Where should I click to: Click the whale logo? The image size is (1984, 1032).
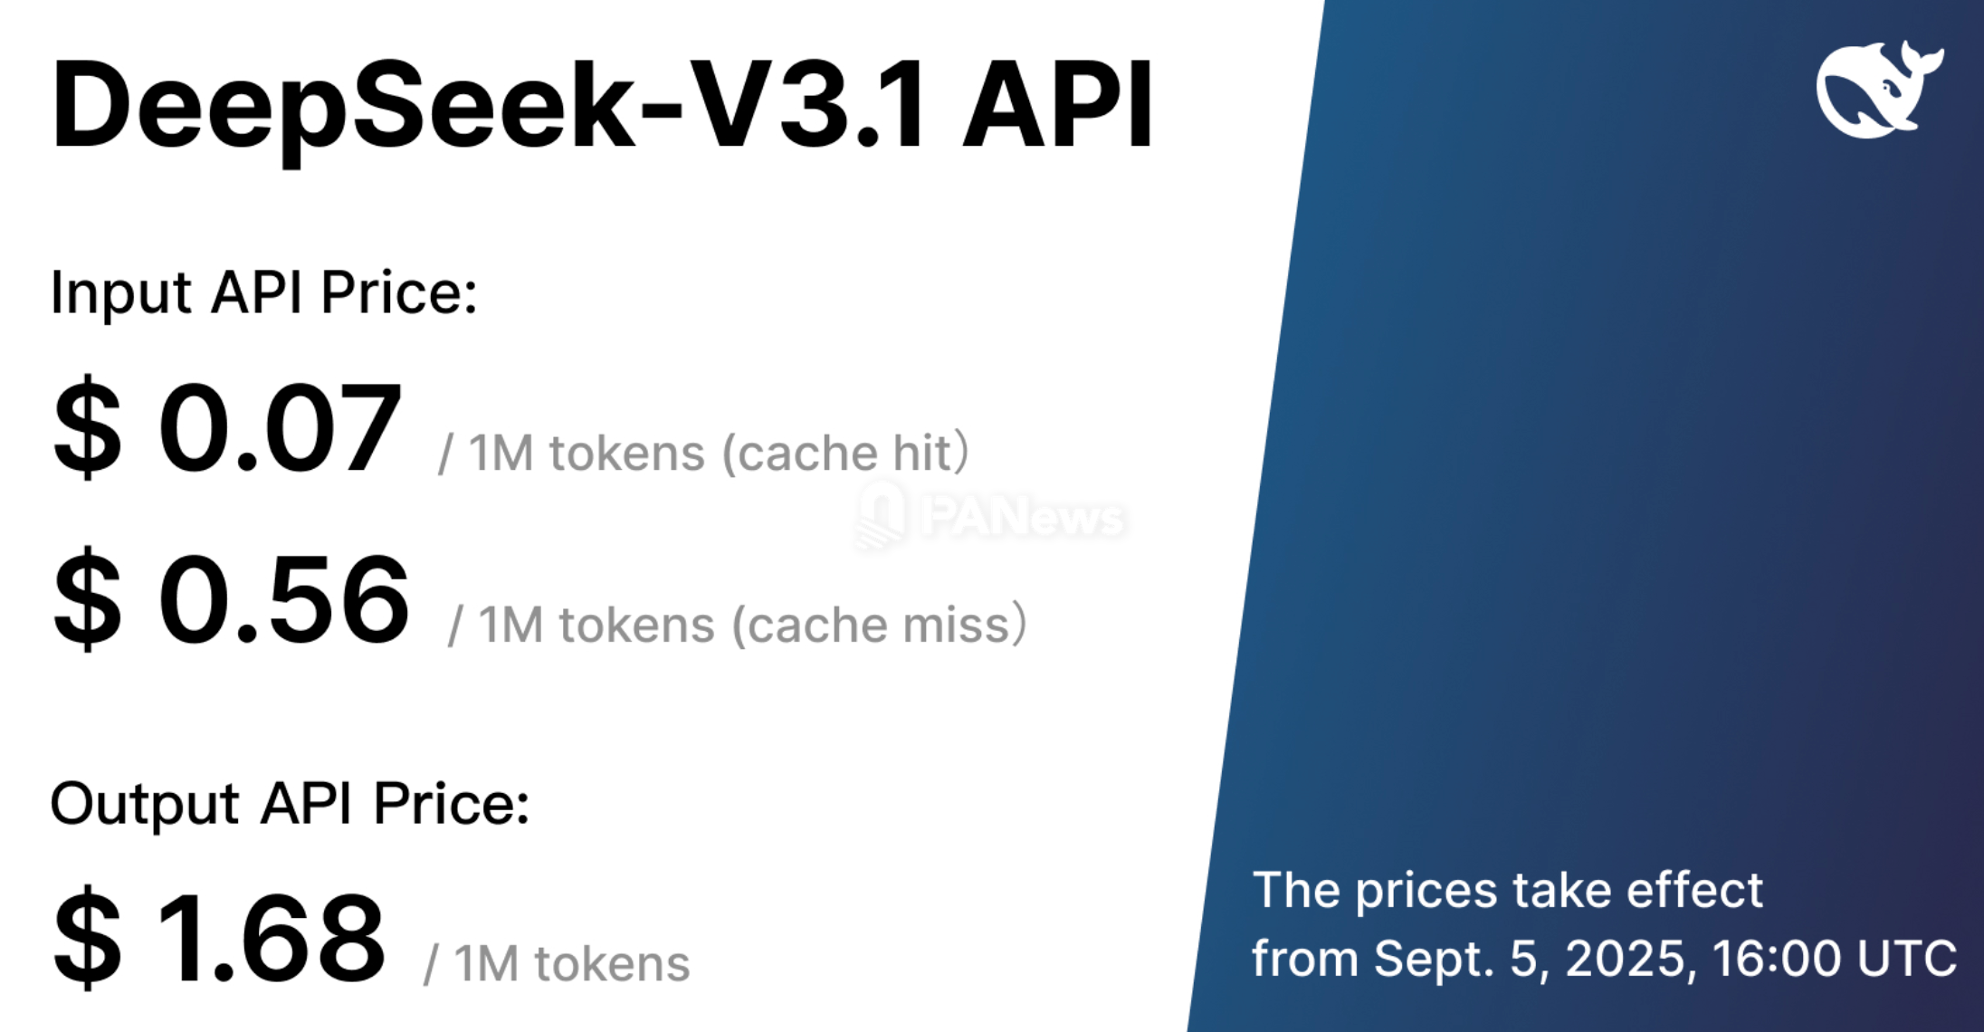[x=1878, y=89]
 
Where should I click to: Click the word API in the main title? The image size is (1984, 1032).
[x=1058, y=104]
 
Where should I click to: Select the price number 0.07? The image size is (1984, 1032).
[x=280, y=427]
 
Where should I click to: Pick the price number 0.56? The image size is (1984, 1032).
[x=284, y=599]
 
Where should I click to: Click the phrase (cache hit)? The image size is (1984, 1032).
[x=845, y=453]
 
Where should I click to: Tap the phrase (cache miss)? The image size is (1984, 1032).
[x=879, y=625]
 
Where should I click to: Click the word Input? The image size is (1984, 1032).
[x=121, y=293]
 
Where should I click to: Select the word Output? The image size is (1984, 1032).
[x=145, y=804]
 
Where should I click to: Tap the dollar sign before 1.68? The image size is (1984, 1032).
[x=87, y=938]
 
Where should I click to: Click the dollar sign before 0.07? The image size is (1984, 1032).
[x=87, y=427]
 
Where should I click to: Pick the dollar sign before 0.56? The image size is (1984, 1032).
[x=87, y=599]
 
